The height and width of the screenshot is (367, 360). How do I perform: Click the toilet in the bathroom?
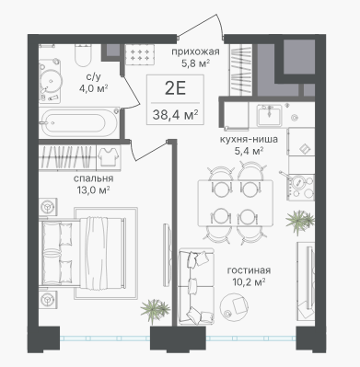83,55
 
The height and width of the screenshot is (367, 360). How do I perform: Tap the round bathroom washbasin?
51,80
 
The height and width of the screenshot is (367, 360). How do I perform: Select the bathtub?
79,123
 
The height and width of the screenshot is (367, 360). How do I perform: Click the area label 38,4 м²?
175,115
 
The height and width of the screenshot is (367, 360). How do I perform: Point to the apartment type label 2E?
175,89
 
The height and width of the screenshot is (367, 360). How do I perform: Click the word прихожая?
195,52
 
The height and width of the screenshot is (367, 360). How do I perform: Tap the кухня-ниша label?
249,139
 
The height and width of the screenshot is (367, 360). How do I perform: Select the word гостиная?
249,270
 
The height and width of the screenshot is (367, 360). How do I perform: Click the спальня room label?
93,178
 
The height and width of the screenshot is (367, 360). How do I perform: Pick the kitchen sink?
269,115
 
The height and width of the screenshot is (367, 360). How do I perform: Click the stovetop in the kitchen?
301,187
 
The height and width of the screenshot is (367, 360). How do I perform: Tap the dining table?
236,203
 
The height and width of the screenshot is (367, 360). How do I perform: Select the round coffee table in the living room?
235,305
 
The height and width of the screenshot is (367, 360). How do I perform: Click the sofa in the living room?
196,286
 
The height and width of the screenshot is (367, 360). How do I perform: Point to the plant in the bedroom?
155,310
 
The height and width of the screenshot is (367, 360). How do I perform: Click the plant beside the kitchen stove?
300,222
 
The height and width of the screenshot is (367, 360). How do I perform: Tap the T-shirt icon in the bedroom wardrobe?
109,156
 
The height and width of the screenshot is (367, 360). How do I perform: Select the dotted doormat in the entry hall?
140,54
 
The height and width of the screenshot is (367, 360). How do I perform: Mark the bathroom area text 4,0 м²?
93,89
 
